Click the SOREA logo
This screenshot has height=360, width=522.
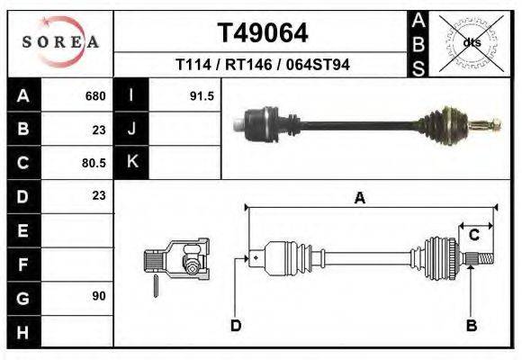pyautogui.click(x=59, y=42)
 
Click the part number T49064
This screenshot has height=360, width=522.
pyautogui.click(x=262, y=33)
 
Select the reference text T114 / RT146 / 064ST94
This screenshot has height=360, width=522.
pyautogui.click(x=262, y=65)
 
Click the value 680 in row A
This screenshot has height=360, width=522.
pyautogui.click(x=95, y=96)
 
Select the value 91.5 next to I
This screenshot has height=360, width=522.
pyautogui.click(x=202, y=96)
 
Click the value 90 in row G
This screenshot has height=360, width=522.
pyautogui.click(x=99, y=296)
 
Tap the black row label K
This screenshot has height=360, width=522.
pyautogui.click(x=131, y=163)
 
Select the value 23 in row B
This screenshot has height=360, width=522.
pyautogui.click(x=99, y=130)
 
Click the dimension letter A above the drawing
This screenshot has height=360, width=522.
pyautogui.click(x=360, y=199)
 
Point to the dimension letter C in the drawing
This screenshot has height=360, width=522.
pyautogui.click(x=473, y=235)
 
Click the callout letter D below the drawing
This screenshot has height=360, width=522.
pyautogui.click(x=236, y=325)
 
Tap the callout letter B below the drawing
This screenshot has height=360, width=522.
pyautogui.click(x=470, y=325)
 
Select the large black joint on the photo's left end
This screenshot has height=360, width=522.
pyautogui.click(x=261, y=121)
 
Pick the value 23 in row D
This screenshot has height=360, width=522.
pyautogui.click(x=99, y=196)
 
